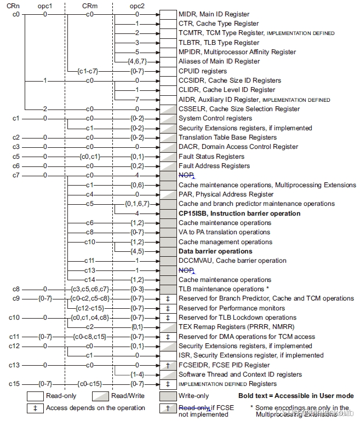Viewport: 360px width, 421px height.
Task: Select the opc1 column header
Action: pos(46,4)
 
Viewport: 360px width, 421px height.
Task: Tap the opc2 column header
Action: pos(136,4)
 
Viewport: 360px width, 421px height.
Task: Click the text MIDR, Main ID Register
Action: pos(214,14)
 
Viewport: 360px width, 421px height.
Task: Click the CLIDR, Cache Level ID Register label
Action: pos(227,90)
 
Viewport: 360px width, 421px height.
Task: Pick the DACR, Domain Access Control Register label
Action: pos(238,147)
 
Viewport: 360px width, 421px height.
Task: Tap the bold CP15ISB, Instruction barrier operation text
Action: pos(239,214)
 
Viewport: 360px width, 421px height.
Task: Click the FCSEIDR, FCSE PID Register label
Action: pos(224,365)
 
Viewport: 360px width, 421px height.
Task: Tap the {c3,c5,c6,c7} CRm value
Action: pos(90,289)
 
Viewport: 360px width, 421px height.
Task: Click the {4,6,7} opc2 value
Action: pos(136,61)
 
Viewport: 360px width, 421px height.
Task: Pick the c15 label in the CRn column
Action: pos(16,384)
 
